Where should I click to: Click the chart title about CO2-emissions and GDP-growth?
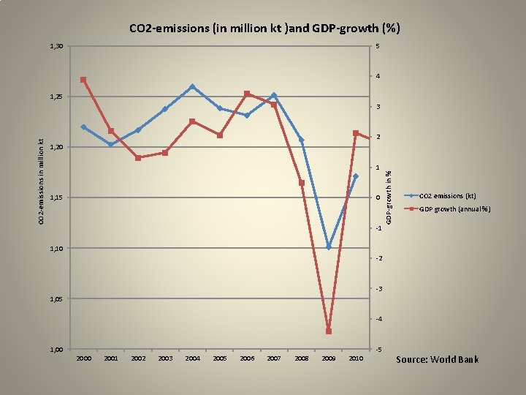tap(264, 29)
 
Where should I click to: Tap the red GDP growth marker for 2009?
tap(329, 331)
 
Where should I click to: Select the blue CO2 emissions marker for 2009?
tap(329, 247)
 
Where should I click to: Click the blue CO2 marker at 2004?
tap(192, 86)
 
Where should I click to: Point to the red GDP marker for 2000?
tap(83, 80)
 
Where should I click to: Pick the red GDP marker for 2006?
tap(247, 94)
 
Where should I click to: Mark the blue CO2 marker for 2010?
tap(356, 176)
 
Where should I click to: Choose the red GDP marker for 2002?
tap(138, 158)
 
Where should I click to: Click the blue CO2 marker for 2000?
tap(83, 127)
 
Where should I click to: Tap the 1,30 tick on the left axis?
tap(56, 47)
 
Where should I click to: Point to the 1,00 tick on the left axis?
tap(56, 350)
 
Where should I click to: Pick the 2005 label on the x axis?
tap(219, 358)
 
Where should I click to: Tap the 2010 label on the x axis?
tap(356, 358)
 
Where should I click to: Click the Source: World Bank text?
tap(437, 359)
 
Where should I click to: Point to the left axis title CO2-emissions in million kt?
tap(42, 181)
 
